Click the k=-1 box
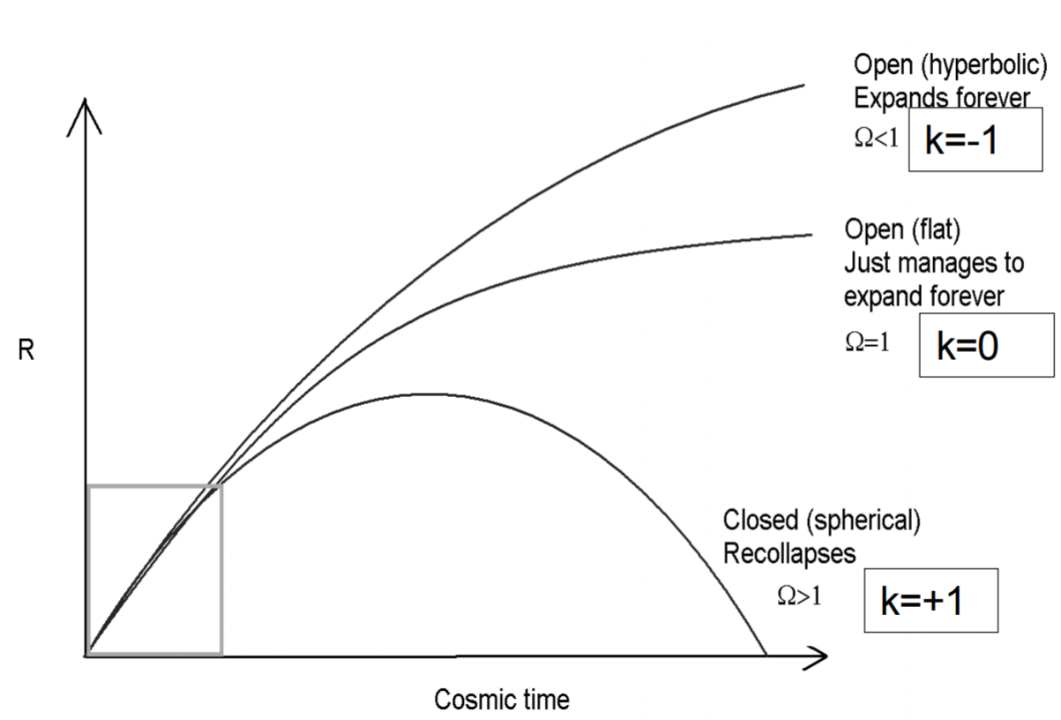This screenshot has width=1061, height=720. click(975, 140)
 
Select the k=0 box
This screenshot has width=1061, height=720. click(986, 345)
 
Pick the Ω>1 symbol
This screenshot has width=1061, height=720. click(798, 596)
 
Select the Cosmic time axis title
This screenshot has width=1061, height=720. click(501, 700)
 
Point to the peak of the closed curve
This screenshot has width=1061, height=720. click(428, 394)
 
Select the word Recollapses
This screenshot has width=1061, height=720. click(788, 554)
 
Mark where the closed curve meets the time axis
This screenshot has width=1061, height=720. click(766, 655)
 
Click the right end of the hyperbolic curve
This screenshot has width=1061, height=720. click(803, 85)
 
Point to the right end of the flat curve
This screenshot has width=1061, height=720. click(810, 234)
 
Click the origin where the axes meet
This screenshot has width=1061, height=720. click(86, 656)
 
